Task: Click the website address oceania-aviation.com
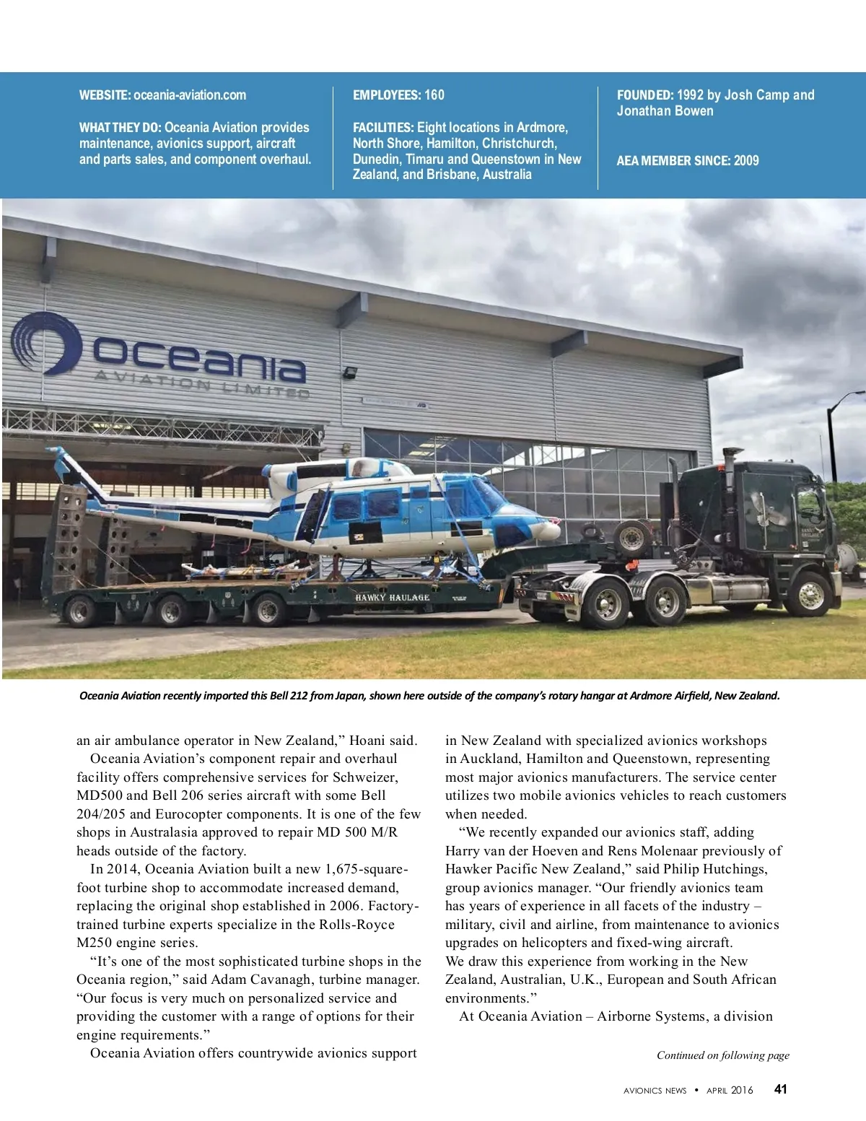[190, 95]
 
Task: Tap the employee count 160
[434, 95]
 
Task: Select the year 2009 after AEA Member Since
[746, 161]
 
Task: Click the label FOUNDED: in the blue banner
[645, 95]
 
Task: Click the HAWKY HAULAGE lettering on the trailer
[392, 598]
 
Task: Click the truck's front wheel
[810, 594]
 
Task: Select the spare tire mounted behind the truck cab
[631, 536]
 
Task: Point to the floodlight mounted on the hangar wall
[351, 373]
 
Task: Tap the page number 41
[780, 1090]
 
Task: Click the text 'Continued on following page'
[722, 1055]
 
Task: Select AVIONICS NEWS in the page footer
[655, 1091]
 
